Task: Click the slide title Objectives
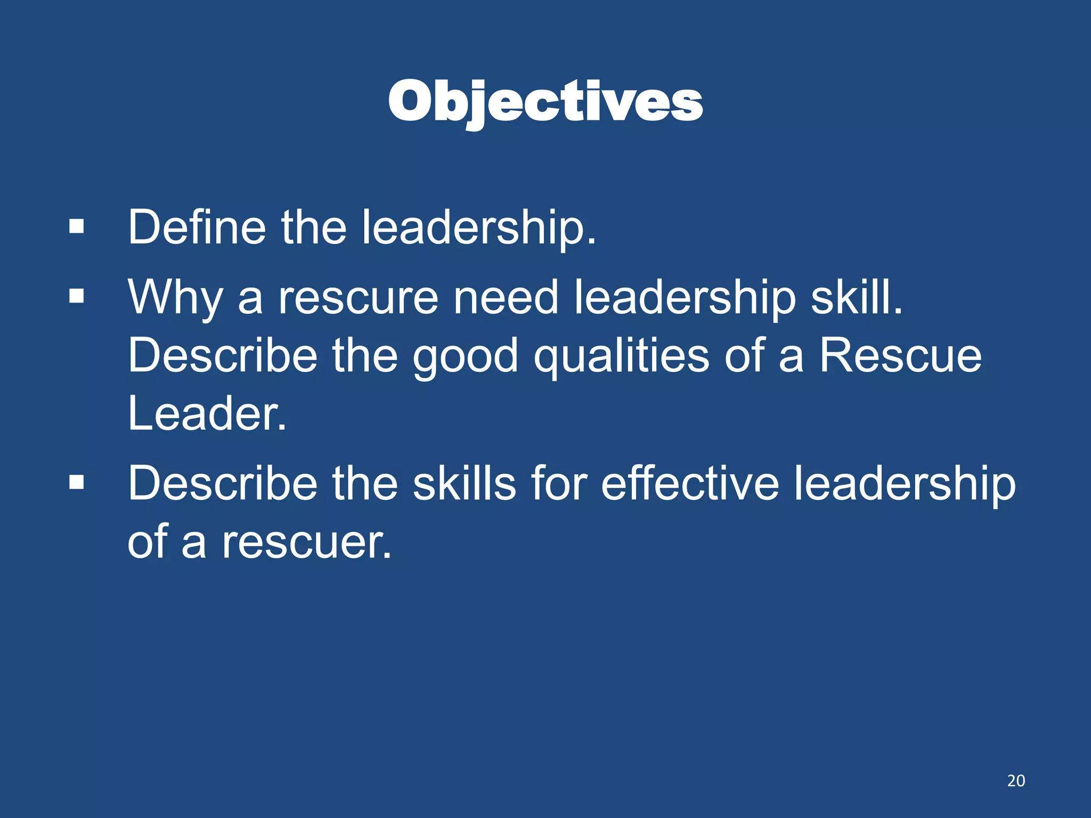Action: pyautogui.click(x=545, y=101)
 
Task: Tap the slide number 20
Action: pyautogui.click(x=1016, y=781)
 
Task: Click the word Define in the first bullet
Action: pyautogui.click(x=197, y=227)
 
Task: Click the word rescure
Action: pyautogui.click(x=358, y=298)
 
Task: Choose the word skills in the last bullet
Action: pyautogui.click(x=465, y=483)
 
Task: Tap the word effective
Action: pyautogui.click(x=690, y=483)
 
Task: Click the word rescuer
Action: pyautogui.click(x=306, y=542)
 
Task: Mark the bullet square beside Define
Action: pyautogui.click(x=77, y=226)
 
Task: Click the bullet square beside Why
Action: pyautogui.click(x=77, y=296)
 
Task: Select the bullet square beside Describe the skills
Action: pyautogui.click(x=77, y=482)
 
